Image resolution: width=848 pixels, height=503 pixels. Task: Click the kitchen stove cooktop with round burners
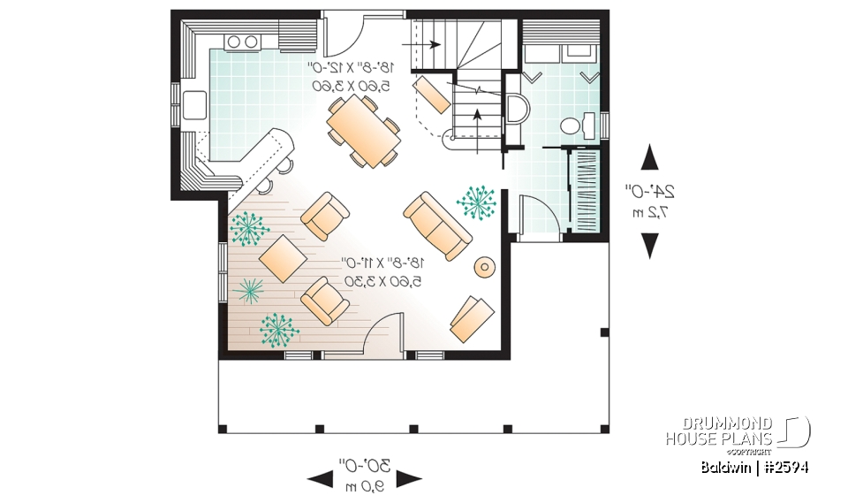pos(242,41)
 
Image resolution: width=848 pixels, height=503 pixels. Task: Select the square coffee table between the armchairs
pos(283,258)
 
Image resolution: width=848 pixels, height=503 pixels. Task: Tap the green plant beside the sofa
pos(477,202)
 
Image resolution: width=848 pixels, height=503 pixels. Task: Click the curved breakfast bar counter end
pos(281,139)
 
